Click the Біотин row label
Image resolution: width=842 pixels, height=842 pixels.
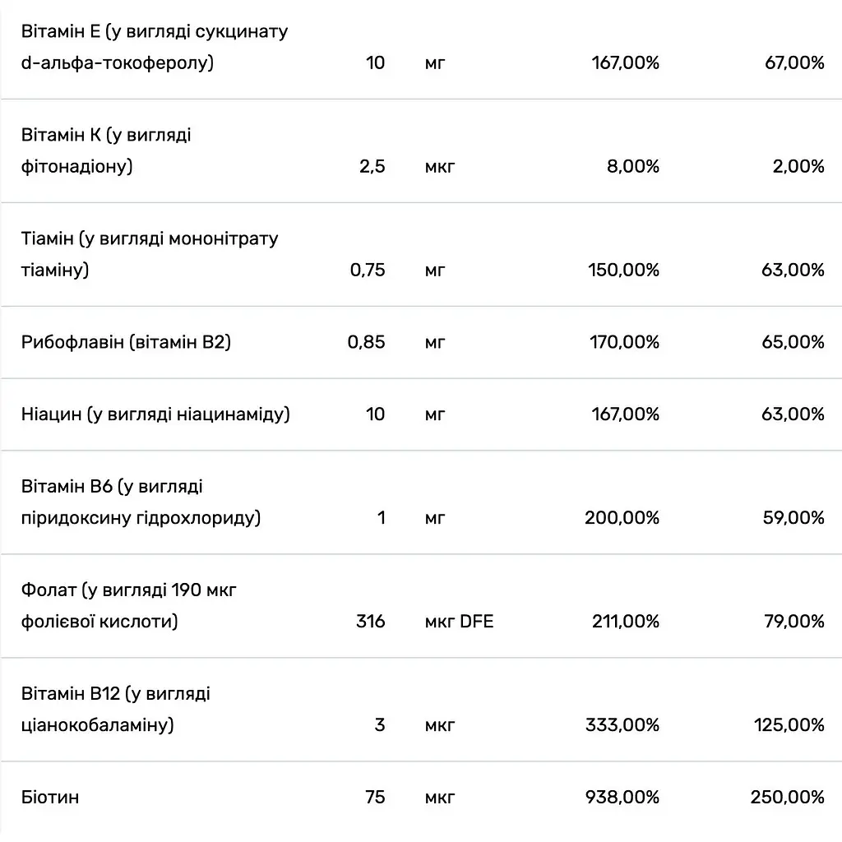[x=50, y=797]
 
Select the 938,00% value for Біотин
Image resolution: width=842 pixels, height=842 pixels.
[x=622, y=797]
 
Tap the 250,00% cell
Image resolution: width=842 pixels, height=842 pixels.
[x=787, y=797]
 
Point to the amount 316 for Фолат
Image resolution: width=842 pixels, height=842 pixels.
[x=371, y=622]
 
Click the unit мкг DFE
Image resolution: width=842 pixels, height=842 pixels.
[x=459, y=622]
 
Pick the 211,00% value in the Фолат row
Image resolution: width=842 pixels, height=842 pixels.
[x=626, y=622]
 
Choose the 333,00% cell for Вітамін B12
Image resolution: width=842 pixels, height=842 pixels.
[x=622, y=725]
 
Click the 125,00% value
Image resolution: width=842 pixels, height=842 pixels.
[x=789, y=725]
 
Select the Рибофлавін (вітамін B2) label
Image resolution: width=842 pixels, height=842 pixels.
[x=126, y=342]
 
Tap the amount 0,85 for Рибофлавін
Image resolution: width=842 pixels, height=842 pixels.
[x=366, y=342]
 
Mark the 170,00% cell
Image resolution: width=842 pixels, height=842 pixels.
[x=625, y=342]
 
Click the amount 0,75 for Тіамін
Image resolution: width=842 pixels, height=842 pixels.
[x=368, y=270]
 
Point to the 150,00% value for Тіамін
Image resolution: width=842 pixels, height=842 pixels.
[x=623, y=270]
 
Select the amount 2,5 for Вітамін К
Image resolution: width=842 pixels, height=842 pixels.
[x=372, y=166]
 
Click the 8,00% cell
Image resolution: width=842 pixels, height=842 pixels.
[x=633, y=166]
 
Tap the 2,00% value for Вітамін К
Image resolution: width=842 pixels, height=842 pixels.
[x=798, y=166]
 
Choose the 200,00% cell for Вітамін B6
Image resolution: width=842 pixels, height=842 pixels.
[x=622, y=518]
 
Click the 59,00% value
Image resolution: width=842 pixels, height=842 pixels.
[x=793, y=518]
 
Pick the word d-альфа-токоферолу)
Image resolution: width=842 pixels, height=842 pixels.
[x=118, y=62]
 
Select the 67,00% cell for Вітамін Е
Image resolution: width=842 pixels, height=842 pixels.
[x=795, y=62]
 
